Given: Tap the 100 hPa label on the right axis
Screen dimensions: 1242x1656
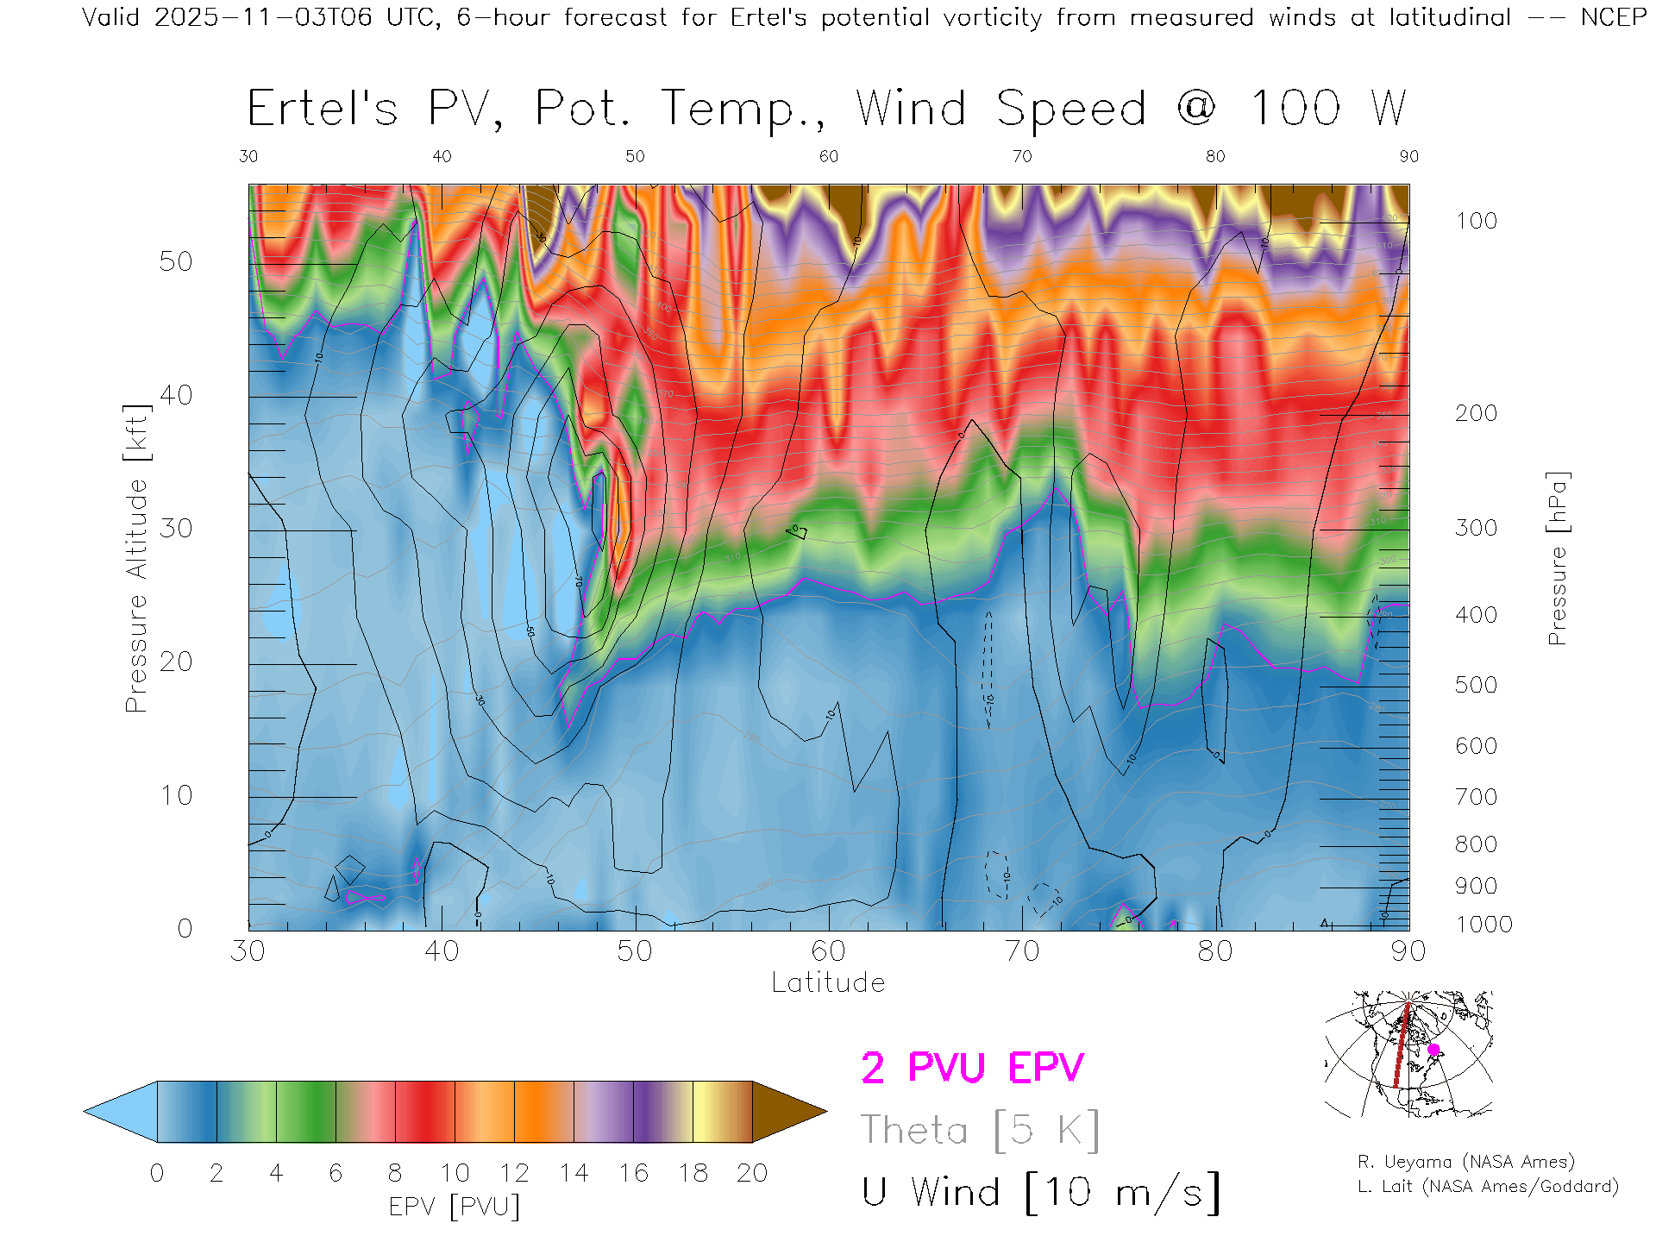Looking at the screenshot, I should point(1476,221).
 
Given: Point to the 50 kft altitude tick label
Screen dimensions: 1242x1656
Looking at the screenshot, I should point(175,261).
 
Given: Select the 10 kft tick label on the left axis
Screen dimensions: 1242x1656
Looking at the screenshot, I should point(175,795).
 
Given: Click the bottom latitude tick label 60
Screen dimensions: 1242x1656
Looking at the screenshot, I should point(828,951).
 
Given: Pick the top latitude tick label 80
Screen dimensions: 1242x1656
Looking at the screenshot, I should point(1214,156).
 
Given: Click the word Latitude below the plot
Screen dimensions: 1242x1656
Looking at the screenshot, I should point(828,982).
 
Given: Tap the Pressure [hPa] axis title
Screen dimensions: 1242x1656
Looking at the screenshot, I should point(1557,558).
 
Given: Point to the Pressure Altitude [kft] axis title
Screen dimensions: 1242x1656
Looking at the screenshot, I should point(136,558).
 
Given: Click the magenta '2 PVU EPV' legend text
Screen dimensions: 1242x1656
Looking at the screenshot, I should point(972,1068).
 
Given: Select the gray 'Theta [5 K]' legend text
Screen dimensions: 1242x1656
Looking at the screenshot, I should point(980,1130).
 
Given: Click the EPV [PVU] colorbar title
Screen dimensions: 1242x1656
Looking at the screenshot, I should point(455,1206).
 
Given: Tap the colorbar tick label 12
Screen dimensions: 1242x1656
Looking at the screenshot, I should point(514,1173).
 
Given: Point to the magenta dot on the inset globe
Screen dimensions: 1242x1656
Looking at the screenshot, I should point(1433,1050).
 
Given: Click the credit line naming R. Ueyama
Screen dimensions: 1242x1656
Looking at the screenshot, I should point(1465,1162).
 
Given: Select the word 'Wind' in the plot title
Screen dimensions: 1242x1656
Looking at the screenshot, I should point(911,109).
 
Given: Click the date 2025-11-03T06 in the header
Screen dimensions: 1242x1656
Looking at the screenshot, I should point(264,17).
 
